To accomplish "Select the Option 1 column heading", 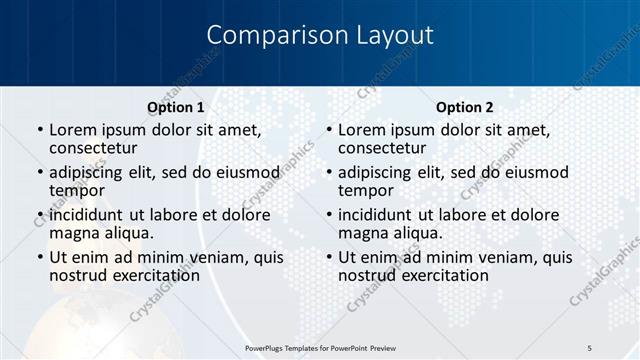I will [176, 107].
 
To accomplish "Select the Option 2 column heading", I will [465, 107].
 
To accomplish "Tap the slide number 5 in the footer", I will [589, 347].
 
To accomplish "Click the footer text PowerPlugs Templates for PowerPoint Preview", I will [321, 347].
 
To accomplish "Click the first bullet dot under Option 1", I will [39, 131].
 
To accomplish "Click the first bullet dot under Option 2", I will [328, 131].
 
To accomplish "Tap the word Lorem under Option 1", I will [73, 130].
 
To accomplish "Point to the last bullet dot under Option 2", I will [328, 257].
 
